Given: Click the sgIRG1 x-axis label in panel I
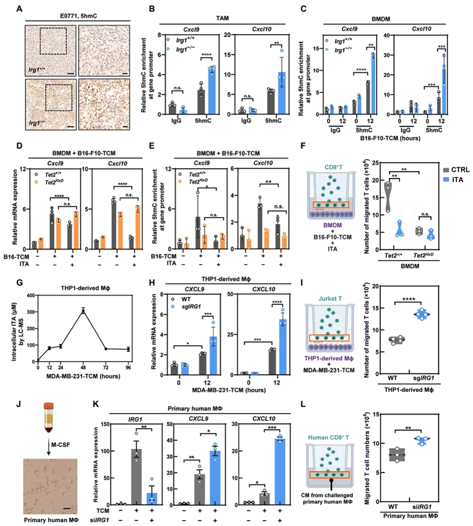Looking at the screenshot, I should coord(422,388).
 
